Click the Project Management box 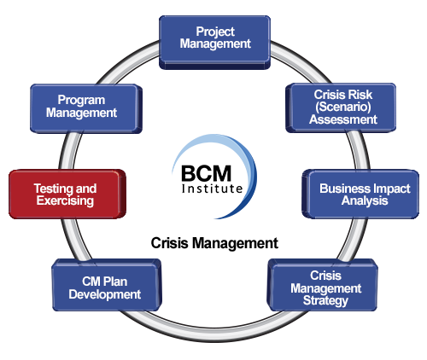click(x=214, y=42)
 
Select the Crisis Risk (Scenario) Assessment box click(x=341, y=107)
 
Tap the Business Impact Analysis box click(x=360, y=195)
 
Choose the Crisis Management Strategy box click(x=323, y=285)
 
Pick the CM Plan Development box click(x=107, y=285)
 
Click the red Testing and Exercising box click(x=67, y=195)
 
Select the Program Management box click(x=86, y=108)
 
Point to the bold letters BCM click(x=206, y=173)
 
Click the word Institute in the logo click(x=212, y=189)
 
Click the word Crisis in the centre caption click(x=169, y=243)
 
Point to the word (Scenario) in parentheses click(x=343, y=107)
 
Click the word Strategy click(x=325, y=301)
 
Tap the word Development click(x=105, y=294)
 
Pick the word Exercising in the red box click(x=65, y=200)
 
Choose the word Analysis click(x=365, y=201)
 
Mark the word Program click(x=81, y=101)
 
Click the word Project click(x=215, y=32)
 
